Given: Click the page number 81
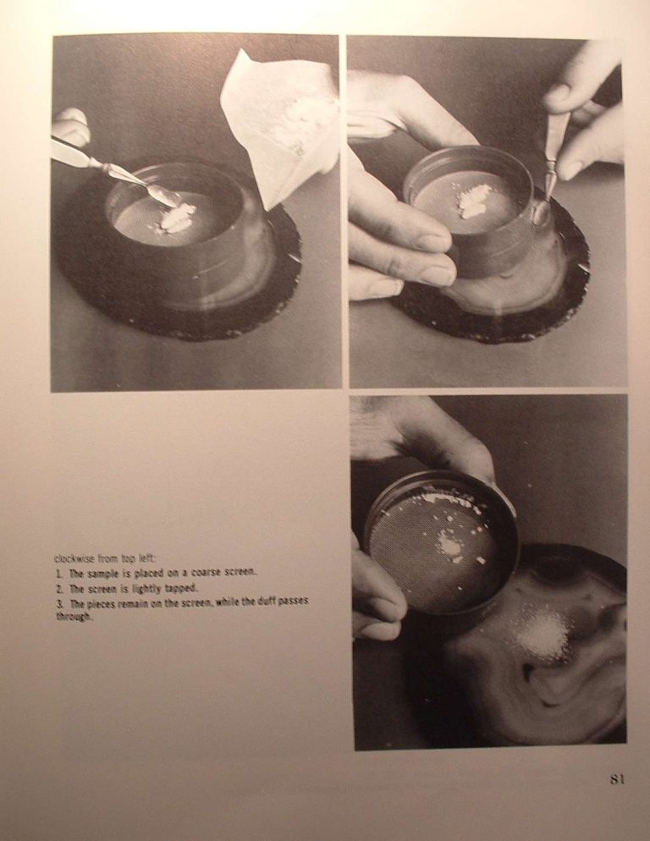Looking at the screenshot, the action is [617, 779].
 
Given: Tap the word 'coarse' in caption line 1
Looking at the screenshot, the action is [207, 572].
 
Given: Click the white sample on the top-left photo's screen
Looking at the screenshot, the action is [175, 218].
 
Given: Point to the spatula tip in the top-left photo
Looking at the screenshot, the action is [171, 202].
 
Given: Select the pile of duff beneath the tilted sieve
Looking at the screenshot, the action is [543, 635].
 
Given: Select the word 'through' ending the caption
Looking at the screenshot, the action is [74, 617].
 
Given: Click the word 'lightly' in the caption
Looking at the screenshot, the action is [146, 589].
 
